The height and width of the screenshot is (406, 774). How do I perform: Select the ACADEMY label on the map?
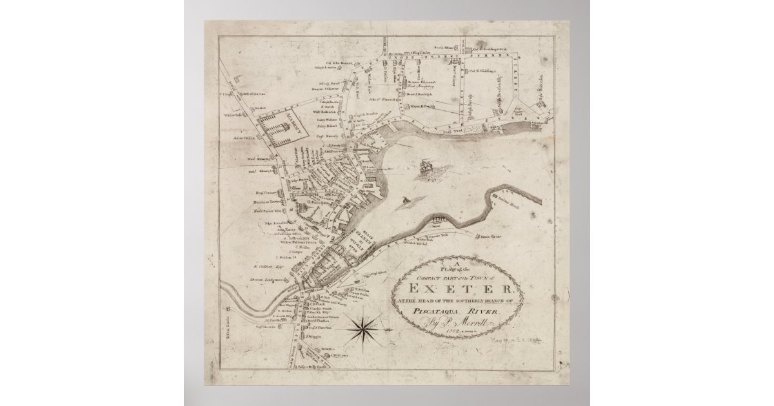290,119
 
